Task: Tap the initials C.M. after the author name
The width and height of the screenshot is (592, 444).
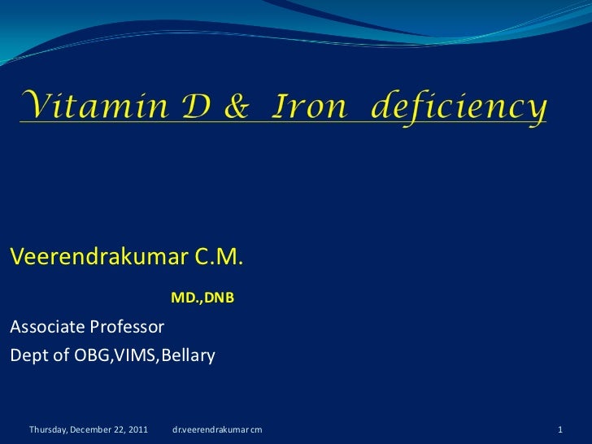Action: [x=218, y=257]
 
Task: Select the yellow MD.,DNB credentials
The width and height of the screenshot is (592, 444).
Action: [x=202, y=298]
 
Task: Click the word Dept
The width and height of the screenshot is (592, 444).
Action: [x=27, y=355]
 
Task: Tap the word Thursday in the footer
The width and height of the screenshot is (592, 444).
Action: [x=49, y=429]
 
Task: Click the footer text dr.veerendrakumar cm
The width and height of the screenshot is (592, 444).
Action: [x=217, y=429]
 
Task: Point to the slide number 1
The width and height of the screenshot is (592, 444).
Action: [x=560, y=429]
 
